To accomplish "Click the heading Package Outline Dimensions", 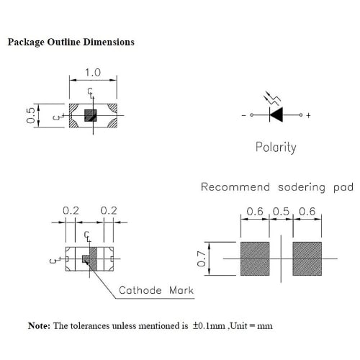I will point(71,42).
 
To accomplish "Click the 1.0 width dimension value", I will point(93,73).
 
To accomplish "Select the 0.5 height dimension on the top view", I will point(30,115).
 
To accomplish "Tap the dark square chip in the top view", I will point(91,115).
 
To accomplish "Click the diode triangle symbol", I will point(276,115).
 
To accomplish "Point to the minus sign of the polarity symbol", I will point(243,115).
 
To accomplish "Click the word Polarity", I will point(276,147).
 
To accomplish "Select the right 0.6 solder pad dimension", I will point(306,211).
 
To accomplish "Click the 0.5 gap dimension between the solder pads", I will point(280,211).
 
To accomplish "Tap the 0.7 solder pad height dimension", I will point(202,257).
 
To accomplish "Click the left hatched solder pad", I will point(253,258).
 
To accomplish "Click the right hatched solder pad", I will point(307,258).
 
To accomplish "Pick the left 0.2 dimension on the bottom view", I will point(71,210).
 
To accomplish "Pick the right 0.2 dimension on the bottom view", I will point(109,210).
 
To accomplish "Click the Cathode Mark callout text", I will point(156,290).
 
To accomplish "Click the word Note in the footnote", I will point(39,325).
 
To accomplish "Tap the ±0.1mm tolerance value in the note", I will point(210,325).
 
